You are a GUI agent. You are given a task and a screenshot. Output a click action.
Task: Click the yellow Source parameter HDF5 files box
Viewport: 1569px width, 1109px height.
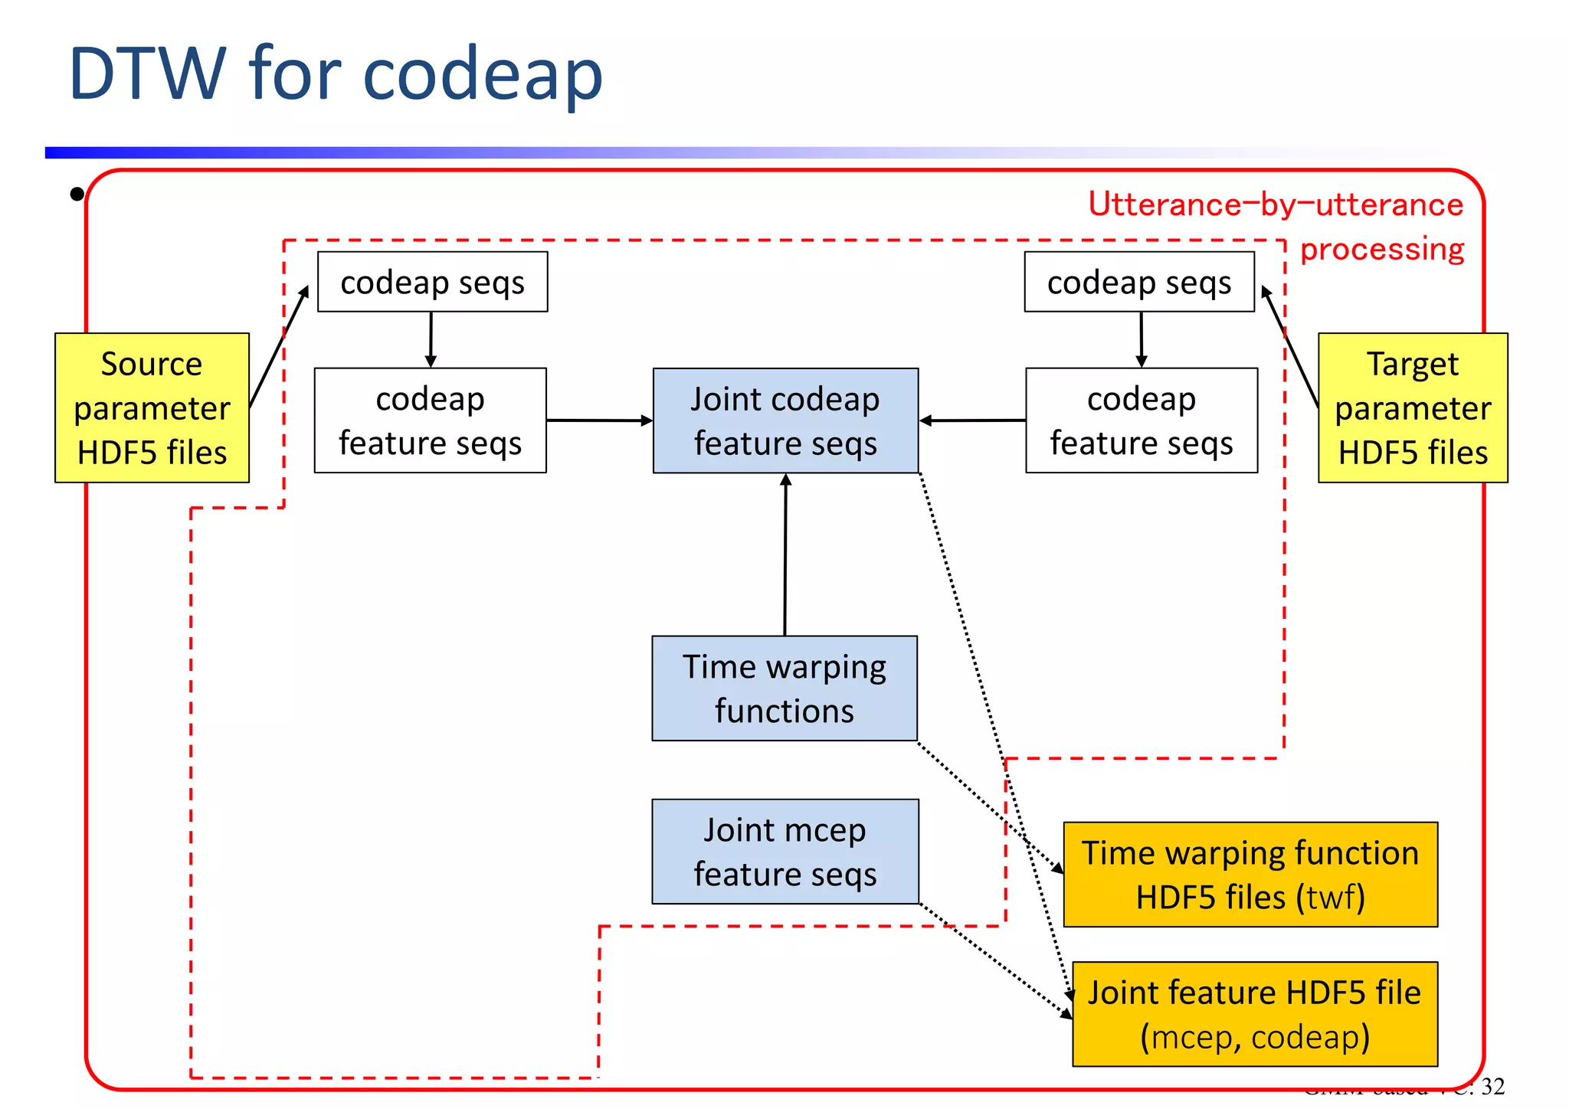152,407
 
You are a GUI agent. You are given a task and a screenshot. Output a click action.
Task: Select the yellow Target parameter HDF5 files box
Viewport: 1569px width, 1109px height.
1412,407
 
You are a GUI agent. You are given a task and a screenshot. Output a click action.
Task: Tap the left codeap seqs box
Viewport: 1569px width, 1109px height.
432,282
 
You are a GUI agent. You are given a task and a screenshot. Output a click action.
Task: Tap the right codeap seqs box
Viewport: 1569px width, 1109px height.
1138,282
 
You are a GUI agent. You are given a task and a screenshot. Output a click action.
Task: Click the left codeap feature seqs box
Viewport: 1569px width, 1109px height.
430,420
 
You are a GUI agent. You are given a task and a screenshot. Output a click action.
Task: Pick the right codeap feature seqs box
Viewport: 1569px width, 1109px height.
1141,420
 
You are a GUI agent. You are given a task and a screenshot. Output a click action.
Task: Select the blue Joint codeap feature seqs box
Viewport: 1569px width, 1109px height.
785,420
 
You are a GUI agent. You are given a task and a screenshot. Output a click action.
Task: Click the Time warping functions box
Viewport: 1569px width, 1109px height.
784,688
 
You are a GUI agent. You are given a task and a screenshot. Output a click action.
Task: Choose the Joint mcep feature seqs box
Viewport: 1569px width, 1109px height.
784,851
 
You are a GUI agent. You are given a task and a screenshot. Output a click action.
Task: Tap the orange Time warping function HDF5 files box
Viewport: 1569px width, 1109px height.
1250,874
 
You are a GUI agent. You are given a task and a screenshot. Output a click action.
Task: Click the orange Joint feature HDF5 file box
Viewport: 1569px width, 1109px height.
1254,1013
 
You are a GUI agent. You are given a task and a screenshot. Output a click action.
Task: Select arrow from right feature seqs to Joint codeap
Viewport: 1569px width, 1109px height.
972,420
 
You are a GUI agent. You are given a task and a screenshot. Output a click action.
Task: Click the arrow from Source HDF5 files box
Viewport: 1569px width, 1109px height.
279,346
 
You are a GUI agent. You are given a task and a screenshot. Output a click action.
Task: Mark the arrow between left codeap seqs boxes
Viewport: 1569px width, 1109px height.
431,339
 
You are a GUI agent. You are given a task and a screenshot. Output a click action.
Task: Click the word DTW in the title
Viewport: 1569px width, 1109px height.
147,74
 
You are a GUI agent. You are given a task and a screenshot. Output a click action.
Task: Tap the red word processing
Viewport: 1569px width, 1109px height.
1381,249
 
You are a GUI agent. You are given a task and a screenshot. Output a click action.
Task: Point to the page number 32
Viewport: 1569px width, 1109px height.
1492,1087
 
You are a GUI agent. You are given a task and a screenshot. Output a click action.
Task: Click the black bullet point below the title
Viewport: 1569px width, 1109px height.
77,195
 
